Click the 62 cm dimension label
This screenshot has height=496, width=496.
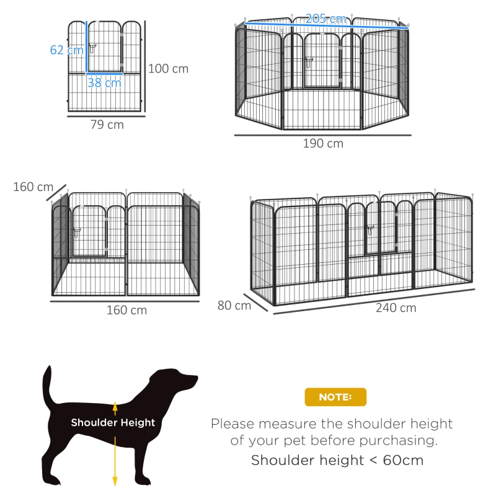66,50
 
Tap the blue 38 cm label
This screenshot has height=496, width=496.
104,82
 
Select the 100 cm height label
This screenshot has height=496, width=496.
168,68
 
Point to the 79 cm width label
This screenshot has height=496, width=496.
107,125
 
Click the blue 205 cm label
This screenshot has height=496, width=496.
326,19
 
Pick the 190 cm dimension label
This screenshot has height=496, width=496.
323,144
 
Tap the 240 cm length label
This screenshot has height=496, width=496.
396,308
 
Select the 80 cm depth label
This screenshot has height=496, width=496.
234,305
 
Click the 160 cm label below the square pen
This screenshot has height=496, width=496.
126,310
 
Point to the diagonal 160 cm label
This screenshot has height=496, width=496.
33,187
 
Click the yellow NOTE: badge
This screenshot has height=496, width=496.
335,397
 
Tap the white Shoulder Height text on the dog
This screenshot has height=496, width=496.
113,423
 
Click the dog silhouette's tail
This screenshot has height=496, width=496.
47,384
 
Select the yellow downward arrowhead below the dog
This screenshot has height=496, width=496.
115,480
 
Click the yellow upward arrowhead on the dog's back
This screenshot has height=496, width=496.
115,404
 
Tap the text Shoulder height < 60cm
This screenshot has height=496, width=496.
337,460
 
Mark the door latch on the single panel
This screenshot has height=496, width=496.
92,48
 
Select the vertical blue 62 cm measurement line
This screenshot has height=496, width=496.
86,46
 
